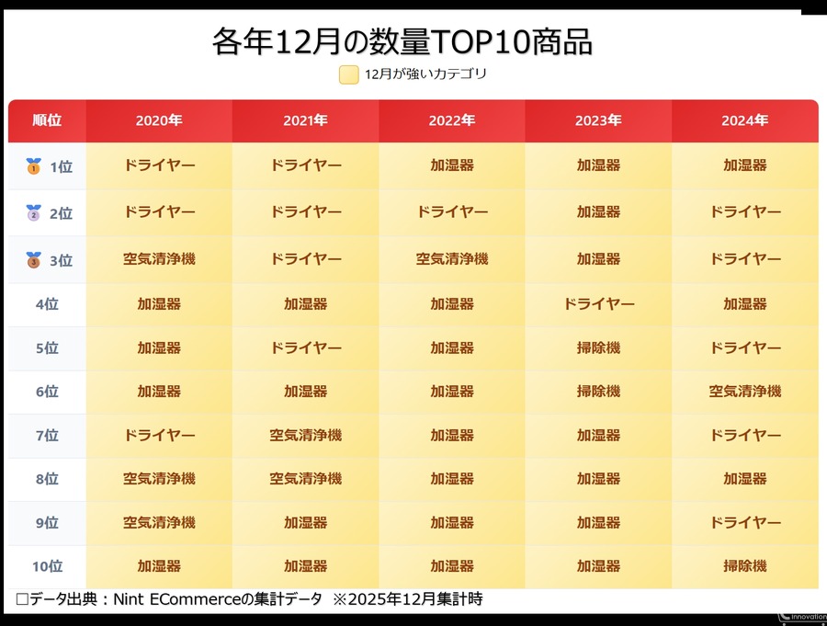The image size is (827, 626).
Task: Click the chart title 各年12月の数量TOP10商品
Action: [402, 41]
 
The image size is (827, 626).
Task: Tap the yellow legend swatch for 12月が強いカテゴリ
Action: [348, 74]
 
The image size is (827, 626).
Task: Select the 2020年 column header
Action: [159, 120]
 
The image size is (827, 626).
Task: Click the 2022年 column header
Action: [452, 120]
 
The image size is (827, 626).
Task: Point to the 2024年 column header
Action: [744, 120]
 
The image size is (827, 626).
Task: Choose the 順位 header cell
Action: [47, 120]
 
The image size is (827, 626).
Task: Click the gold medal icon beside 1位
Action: [34, 166]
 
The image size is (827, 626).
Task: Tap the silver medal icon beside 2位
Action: [34, 212]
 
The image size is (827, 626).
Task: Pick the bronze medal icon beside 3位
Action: [34, 259]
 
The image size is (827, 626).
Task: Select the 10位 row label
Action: [47, 567]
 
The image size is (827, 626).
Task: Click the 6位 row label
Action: [47, 392]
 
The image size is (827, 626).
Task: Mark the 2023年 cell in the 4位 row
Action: [598, 303]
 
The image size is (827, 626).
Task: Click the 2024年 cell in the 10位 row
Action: [744, 566]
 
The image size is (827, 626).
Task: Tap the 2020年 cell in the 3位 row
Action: [159, 259]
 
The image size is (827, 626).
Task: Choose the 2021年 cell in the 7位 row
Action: [305, 435]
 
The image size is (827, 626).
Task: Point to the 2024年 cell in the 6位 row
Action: [744, 392]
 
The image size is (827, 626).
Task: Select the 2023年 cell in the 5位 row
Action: [598, 348]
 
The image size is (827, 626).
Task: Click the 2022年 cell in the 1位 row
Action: [452, 165]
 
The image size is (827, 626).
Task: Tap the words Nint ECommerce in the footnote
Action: [174, 599]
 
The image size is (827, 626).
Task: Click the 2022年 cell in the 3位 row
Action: [452, 259]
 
